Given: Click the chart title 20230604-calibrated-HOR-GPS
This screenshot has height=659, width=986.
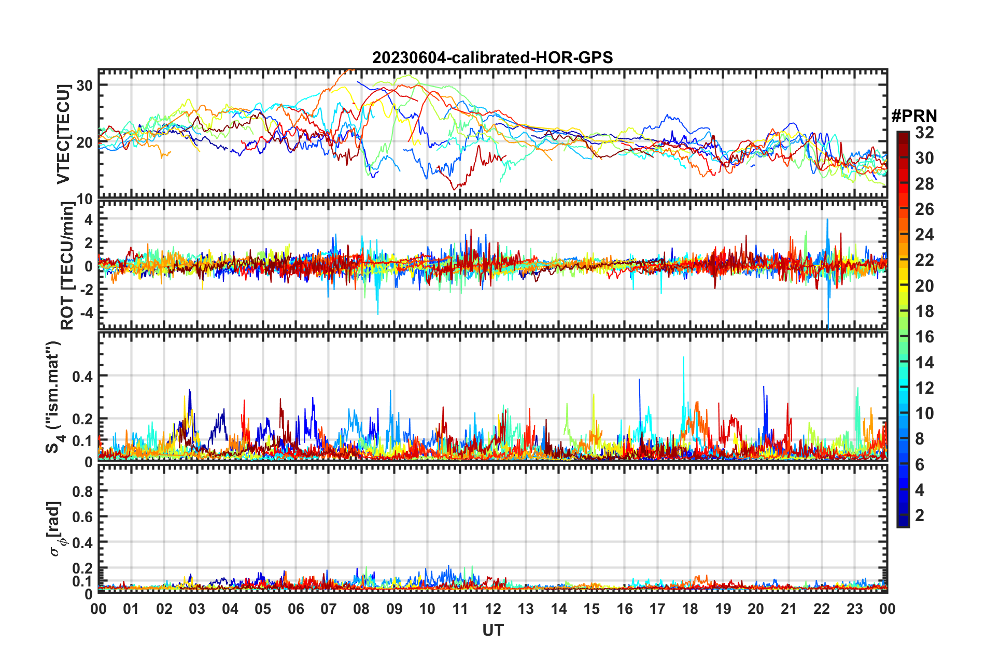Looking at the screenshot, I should tap(492, 58).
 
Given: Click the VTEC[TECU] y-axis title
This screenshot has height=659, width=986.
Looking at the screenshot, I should tap(63, 134).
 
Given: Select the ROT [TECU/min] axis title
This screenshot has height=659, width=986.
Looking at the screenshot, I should tap(67, 266).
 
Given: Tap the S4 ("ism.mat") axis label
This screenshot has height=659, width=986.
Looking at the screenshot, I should tap(53, 397).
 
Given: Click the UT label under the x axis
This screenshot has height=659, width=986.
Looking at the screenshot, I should tap(492, 631).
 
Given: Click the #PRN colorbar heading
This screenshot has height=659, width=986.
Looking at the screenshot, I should tap(914, 116).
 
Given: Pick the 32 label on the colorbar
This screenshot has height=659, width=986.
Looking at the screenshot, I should tap(924, 133).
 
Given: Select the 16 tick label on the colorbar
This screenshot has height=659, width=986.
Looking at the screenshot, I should tap(924, 337).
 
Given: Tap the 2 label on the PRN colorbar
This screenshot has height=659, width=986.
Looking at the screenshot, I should tap(920, 515).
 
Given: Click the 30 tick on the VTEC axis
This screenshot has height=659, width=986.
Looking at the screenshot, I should tap(84, 85).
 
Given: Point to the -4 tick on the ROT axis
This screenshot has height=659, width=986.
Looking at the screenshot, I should tap(84, 312).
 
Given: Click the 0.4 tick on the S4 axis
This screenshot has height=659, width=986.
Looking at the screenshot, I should tap(82, 376).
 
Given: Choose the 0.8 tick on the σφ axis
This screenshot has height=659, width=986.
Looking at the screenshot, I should tap(82, 491).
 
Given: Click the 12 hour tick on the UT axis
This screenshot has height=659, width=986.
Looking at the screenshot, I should tap(493, 609).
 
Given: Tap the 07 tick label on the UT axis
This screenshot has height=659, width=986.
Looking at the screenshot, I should tap(329, 609).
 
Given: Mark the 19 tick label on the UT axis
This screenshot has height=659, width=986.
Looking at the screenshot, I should tap(723, 609).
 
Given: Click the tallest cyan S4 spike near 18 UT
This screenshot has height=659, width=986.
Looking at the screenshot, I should tap(684, 357).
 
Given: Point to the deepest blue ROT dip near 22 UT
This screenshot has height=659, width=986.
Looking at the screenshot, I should tap(828, 326).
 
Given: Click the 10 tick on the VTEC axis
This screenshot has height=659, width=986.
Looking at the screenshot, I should tap(84, 199).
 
